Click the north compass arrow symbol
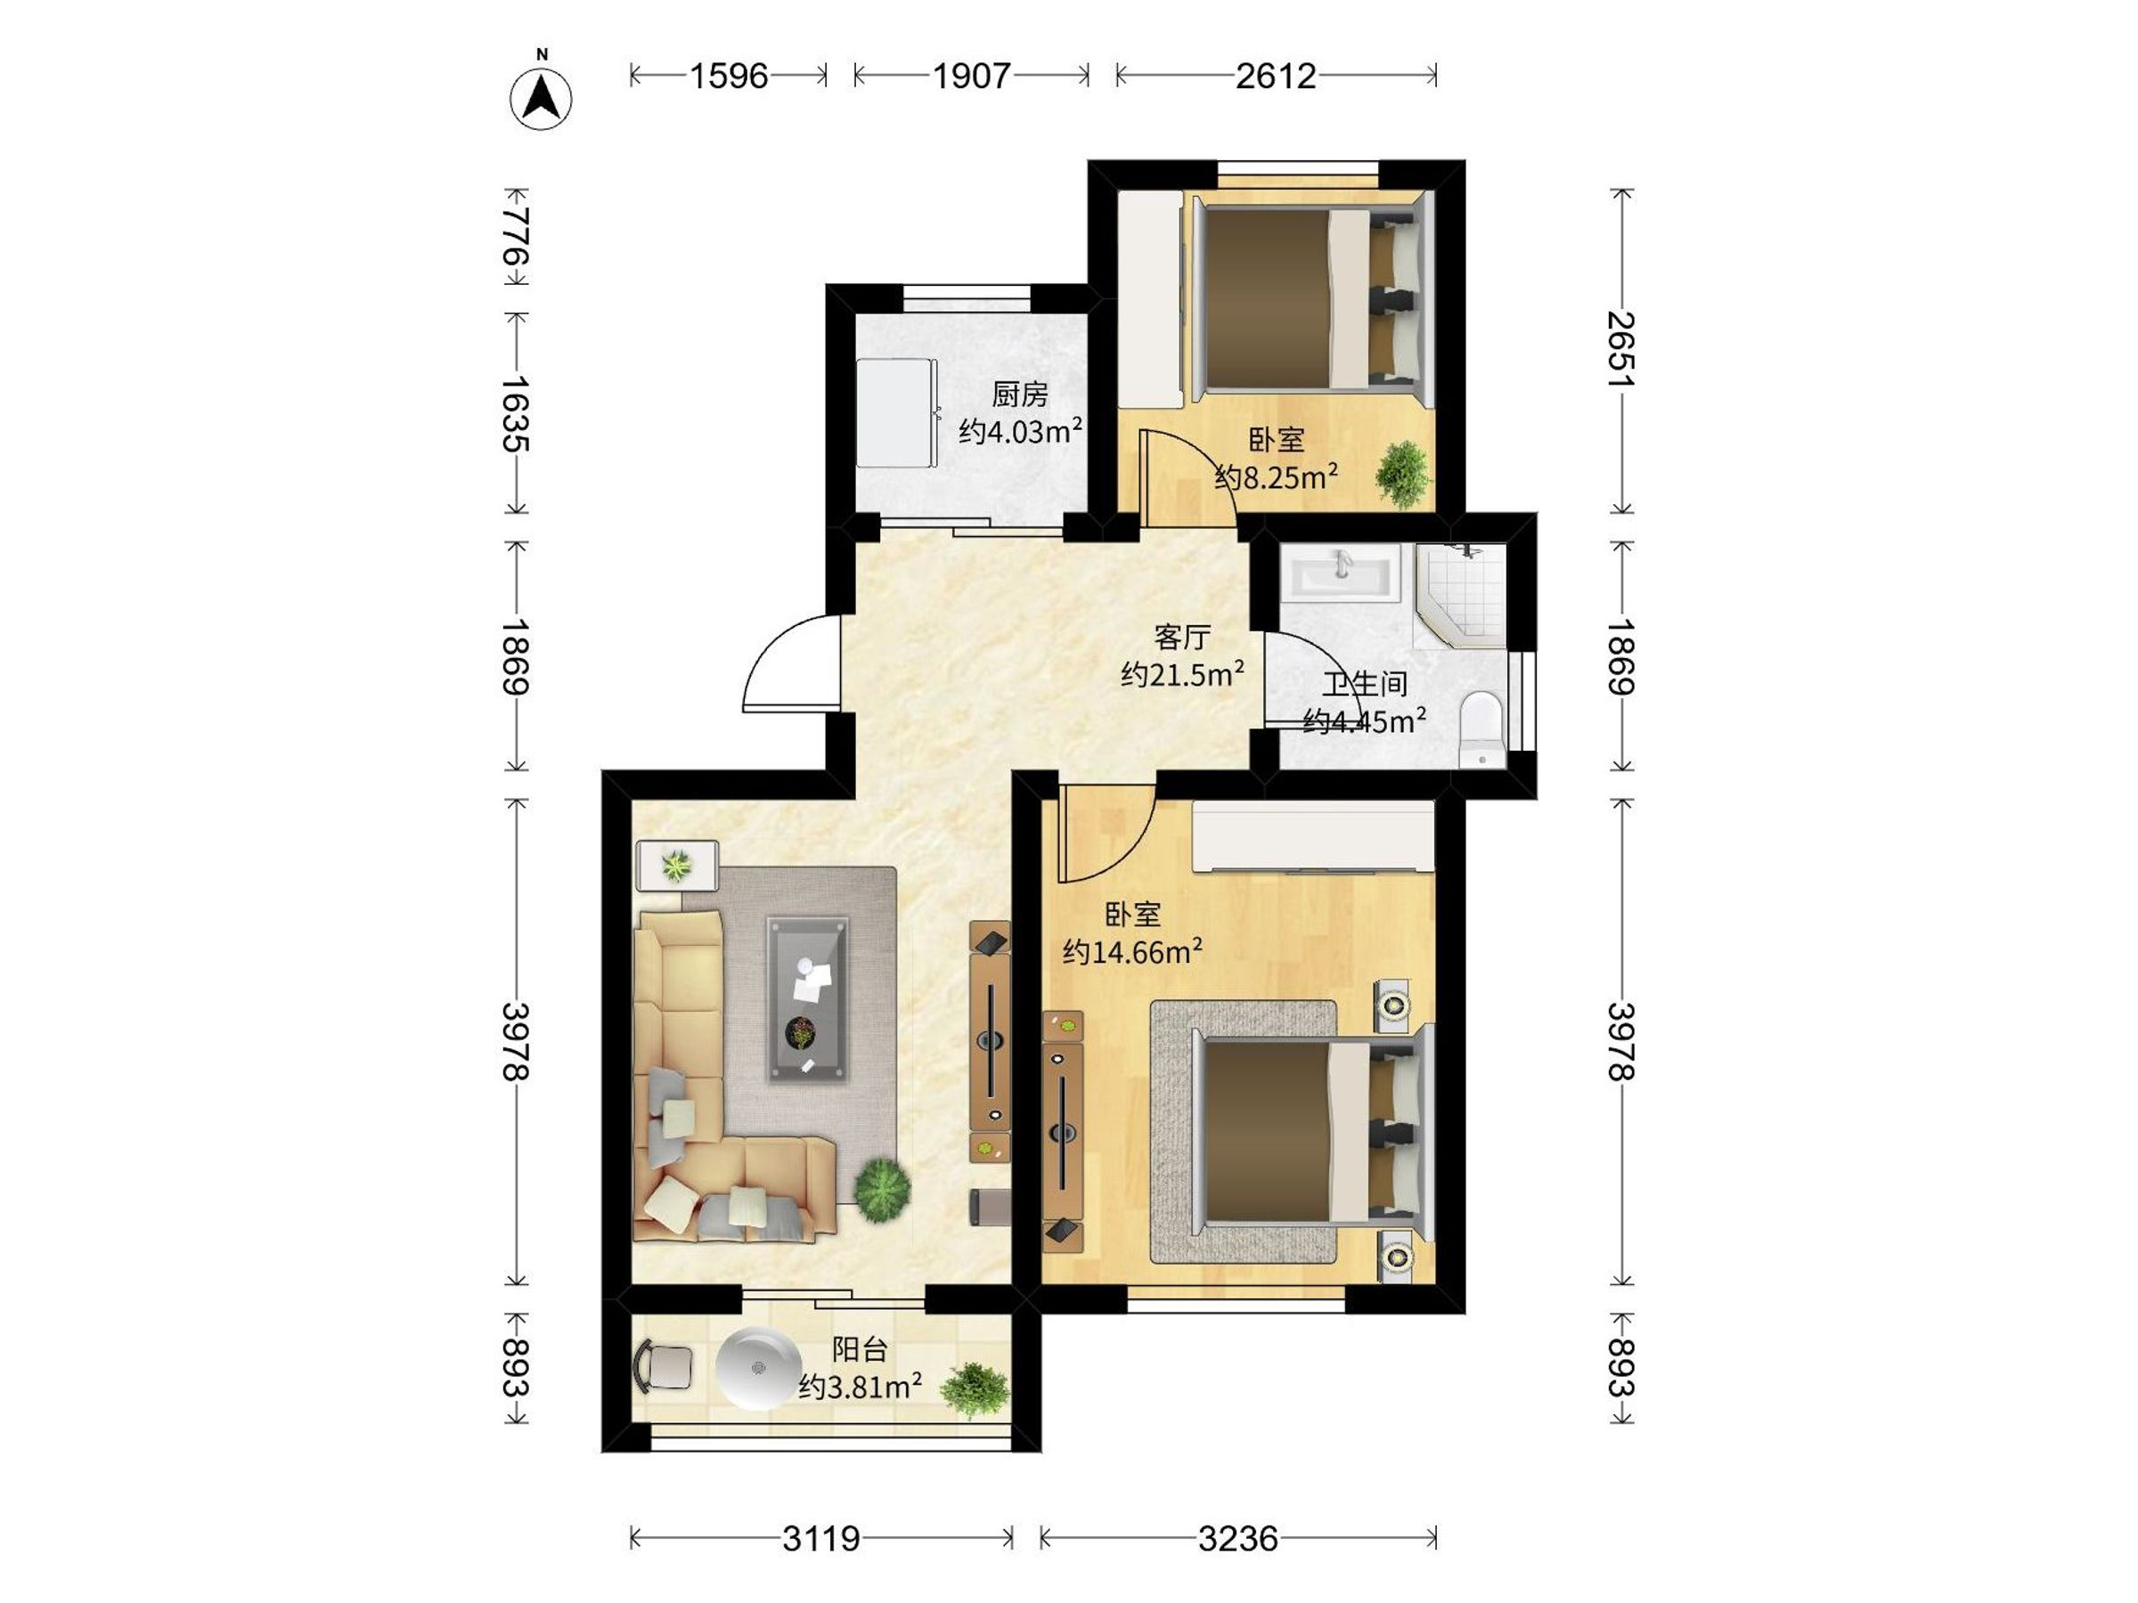(542, 99)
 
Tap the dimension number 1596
(729, 76)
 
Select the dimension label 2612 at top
(1276, 76)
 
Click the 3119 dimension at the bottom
(820, 1537)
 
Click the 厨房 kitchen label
(1020, 395)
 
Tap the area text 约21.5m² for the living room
(1182, 673)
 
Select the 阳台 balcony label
(860, 1349)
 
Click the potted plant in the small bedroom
(1402, 474)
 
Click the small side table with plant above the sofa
(676, 865)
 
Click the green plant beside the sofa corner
(883, 1191)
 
